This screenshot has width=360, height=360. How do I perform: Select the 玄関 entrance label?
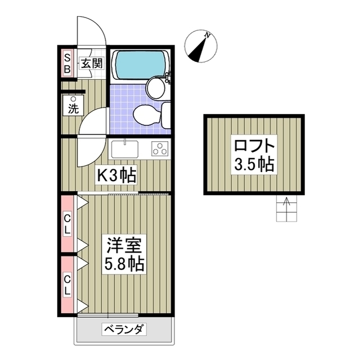91,63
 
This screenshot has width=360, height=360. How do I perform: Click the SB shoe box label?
67,63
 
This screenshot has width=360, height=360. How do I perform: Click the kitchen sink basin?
125,149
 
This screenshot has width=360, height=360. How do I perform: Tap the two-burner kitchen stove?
160,149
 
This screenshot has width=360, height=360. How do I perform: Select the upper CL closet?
67,223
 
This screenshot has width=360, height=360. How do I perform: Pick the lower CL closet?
67,285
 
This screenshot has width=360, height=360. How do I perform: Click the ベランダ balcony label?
124,329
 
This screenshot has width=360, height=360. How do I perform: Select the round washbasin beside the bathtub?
155,87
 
